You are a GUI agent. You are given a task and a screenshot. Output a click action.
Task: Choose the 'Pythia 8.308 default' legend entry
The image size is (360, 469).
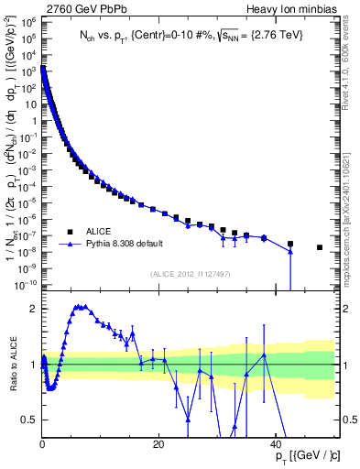[x=127, y=245]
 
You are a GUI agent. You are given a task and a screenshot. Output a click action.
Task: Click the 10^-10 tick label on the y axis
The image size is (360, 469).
[x=27, y=286]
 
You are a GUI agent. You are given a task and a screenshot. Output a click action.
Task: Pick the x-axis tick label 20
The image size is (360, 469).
[x=158, y=444]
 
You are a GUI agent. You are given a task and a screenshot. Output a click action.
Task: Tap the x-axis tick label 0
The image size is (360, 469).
[x=42, y=444]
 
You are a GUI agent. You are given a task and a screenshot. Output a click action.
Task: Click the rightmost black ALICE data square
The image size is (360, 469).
[x=320, y=247]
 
